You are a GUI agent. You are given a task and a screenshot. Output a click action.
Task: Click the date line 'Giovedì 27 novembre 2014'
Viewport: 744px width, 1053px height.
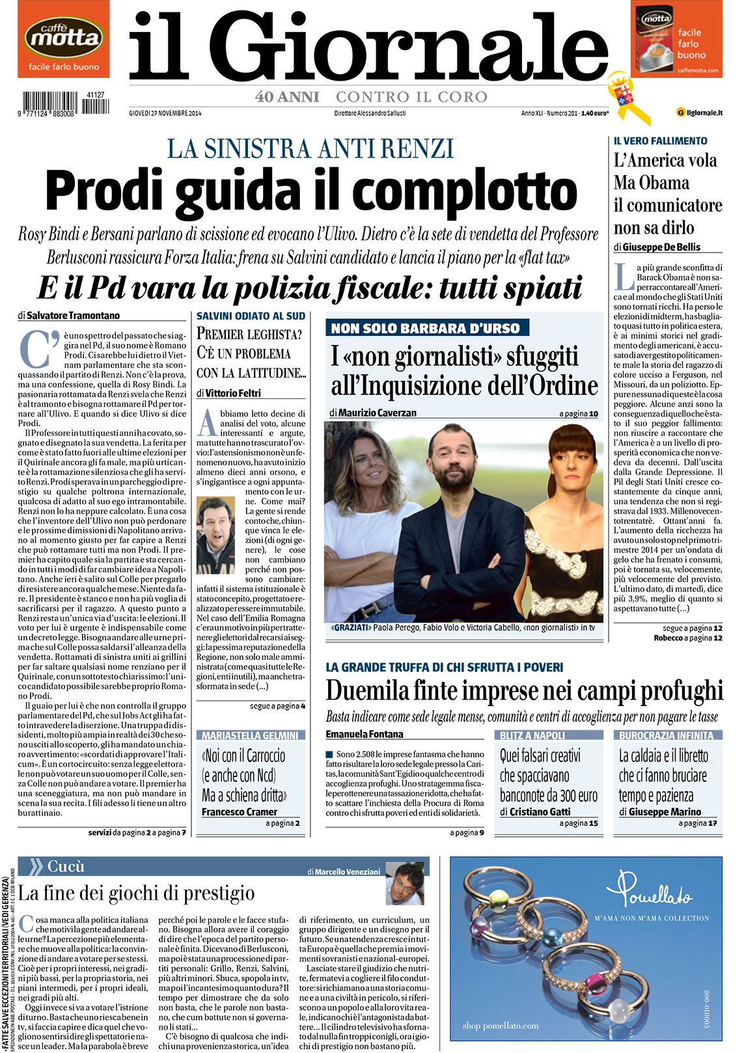click(165, 113)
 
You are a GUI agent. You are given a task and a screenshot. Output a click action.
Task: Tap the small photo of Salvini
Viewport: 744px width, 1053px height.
click(215, 535)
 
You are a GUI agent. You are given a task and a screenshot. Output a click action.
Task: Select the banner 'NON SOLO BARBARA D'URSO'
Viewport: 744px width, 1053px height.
click(426, 329)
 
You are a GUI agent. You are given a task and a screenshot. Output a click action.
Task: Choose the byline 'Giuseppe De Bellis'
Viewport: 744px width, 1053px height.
click(661, 247)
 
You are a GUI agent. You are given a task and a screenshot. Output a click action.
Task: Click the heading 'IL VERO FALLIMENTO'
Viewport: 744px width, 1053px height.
click(660, 141)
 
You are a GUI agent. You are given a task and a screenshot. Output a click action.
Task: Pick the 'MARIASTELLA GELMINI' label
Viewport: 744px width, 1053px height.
click(250, 735)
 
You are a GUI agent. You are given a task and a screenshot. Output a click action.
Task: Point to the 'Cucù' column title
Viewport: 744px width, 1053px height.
click(66, 867)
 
